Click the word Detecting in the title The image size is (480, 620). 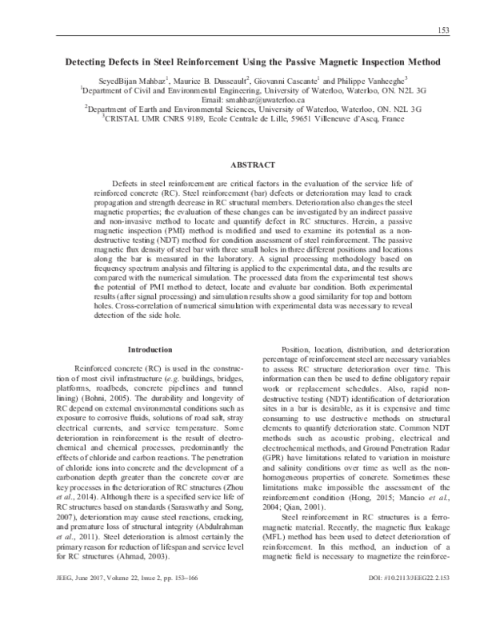coord(90,62)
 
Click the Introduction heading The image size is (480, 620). coord(150,350)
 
